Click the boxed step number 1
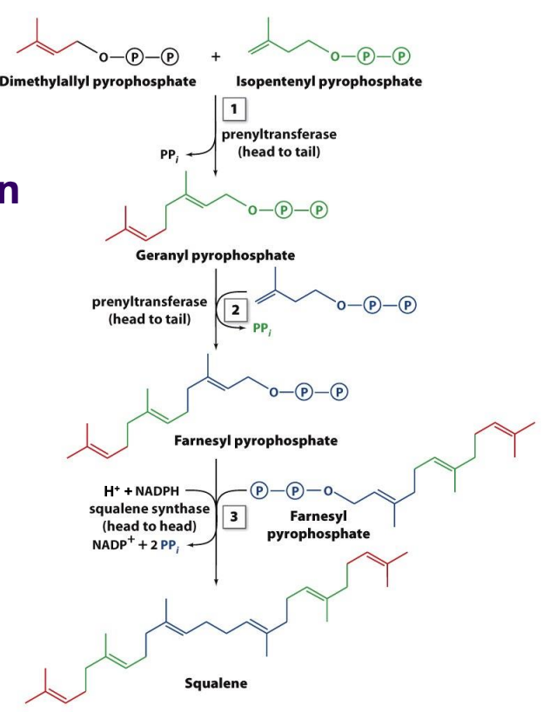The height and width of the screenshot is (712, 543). (x=232, y=110)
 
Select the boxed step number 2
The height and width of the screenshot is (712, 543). (x=231, y=308)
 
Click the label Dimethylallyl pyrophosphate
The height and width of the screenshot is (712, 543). (x=97, y=82)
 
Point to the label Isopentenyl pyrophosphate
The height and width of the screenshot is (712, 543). (x=328, y=82)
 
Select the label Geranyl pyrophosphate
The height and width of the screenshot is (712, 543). (x=215, y=256)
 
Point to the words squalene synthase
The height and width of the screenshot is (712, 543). (x=143, y=509)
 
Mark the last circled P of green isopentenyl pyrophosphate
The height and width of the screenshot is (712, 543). (x=403, y=57)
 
